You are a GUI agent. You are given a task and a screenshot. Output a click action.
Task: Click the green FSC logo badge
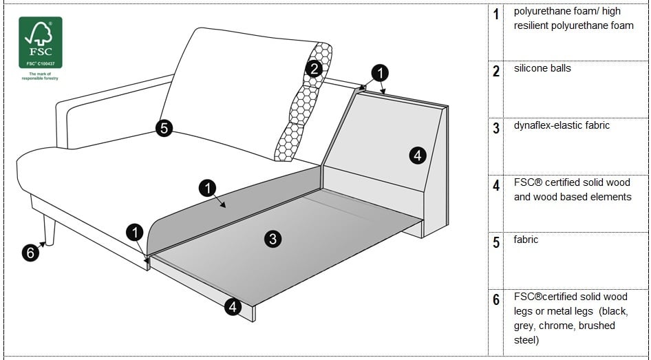(40, 42)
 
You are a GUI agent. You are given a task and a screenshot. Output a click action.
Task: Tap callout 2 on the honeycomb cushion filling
(314, 68)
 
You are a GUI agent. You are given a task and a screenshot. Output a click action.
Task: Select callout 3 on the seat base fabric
(273, 239)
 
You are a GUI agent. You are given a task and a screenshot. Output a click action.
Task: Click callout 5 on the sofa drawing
(164, 128)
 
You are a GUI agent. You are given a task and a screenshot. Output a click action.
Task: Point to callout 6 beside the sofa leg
(30, 253)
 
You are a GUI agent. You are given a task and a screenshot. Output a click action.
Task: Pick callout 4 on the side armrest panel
(418, 156)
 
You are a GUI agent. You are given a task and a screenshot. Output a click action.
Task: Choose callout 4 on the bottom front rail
(233, 307)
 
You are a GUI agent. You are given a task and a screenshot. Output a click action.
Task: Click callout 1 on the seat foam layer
(207, 187)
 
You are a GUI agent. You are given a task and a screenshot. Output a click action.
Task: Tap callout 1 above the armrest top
(380, 72)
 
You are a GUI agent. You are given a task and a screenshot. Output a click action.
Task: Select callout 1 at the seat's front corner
(135, 233)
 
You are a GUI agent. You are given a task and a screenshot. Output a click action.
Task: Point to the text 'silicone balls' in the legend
(542, 69)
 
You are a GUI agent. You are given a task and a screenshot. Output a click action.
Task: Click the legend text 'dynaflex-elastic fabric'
(562, 126)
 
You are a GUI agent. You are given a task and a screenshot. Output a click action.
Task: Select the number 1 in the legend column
(497, 14)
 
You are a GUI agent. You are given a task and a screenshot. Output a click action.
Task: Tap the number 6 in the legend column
(497, 300)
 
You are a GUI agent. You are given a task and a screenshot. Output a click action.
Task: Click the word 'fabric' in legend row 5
(526, 240)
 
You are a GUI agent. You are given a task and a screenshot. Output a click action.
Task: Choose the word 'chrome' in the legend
(558, 326)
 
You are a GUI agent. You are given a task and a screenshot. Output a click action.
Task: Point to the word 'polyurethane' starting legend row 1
(540, 12)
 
